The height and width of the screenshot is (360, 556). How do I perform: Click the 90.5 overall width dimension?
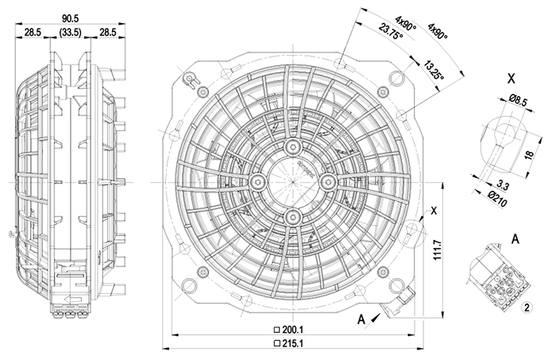[x=70, y=18]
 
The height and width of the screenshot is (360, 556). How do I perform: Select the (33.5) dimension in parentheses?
[x=70, y=33]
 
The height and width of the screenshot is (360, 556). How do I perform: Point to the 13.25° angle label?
[x=434, y=70]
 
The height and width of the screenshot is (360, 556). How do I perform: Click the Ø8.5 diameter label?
[x=518, y=101]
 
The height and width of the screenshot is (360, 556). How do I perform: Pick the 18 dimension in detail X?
[x=529, y=155]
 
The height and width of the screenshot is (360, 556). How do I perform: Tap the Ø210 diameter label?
[x=497, y=199]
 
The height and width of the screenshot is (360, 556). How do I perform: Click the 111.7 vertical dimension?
[x=437, y=250]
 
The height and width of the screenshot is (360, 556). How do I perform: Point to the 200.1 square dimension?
[x=289, y=330]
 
